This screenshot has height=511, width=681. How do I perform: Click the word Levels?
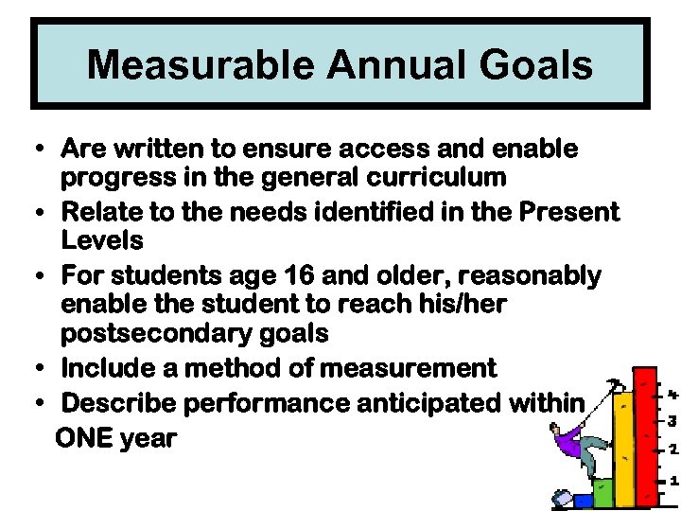coord(101,239)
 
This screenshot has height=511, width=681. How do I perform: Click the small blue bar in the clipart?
coord(583,499)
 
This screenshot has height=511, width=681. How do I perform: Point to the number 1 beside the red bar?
coord(672,481)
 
